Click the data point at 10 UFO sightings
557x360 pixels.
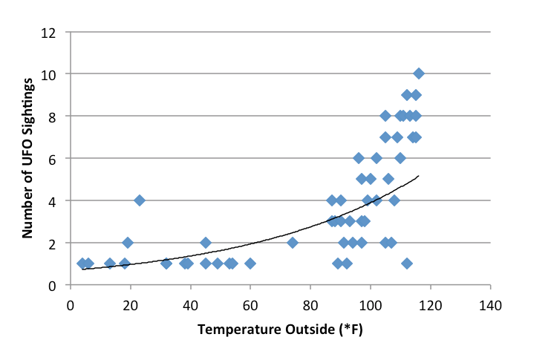(x=419, y=73)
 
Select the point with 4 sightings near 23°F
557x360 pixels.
(x=140, y=200)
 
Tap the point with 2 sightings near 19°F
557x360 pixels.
(x=128, y=243)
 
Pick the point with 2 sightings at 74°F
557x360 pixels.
(x=293, y=243)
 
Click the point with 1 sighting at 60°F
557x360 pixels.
(x=250, y=264)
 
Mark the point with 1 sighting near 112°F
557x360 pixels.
(x=407, y=264)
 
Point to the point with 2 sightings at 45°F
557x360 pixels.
(x=206, y=243)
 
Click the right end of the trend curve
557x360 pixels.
(x=419, y=176)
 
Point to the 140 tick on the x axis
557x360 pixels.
(x=490, y=304)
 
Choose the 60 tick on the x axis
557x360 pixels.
(x=250, y=304)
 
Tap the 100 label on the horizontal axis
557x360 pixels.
(x=370, y=304)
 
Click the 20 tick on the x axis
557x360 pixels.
(x=131, y=304)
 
